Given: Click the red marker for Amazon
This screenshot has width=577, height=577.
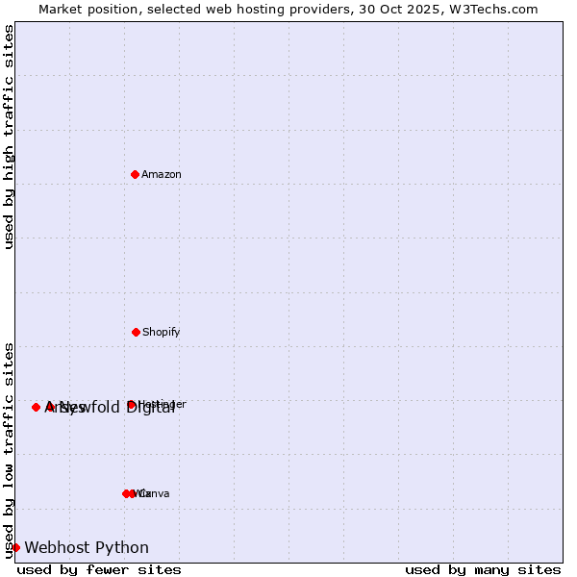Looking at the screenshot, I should (x=135, y=174).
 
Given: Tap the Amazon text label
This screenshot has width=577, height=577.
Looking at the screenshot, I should (x=162, y=174).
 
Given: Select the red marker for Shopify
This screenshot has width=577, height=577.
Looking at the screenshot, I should (x=136, y=332).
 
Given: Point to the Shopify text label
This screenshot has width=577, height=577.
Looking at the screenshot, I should (x=162, y=332).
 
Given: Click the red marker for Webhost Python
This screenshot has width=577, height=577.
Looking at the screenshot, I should (x=15, y=547).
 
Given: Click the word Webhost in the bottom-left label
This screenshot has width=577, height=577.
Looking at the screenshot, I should (x=58, y=547).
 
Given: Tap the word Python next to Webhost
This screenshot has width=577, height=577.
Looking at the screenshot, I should (x=122, y=547).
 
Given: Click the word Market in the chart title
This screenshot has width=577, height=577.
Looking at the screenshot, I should (x=63, y=9).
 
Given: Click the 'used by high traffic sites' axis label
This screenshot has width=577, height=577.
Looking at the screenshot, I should (x=9, y=137).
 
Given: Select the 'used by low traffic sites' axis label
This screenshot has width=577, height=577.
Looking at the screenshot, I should (x=9, y=449).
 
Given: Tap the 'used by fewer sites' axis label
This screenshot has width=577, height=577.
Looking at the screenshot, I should (x=99, y=569).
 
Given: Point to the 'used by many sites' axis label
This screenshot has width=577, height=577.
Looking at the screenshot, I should (x=482, y=569).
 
